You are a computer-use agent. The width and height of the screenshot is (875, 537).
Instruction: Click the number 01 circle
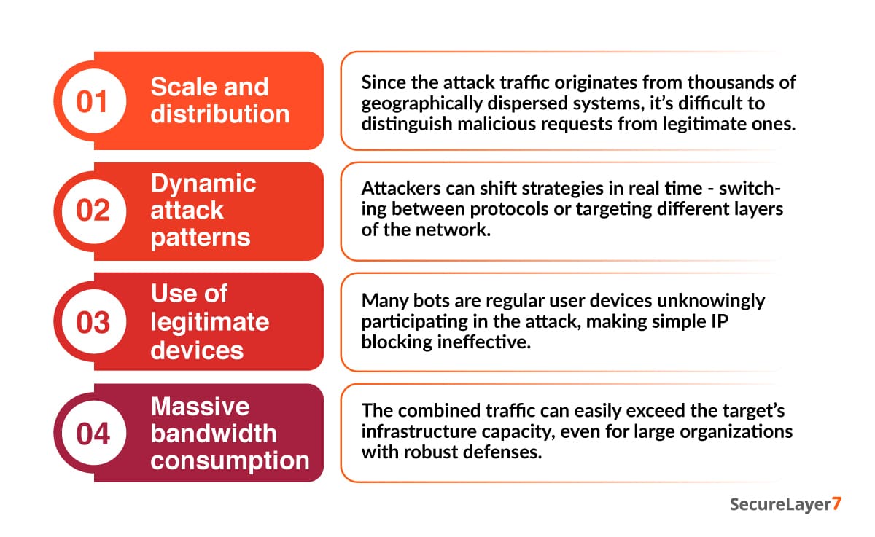click(93, 101)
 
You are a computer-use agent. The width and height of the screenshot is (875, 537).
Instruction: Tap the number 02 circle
click(93, 211)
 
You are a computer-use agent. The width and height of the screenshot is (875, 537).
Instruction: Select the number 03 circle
click(93, 322)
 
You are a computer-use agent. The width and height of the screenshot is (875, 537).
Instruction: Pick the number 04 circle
click(93, 433)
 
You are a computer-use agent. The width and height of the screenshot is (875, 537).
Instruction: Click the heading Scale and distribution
click(219, 101)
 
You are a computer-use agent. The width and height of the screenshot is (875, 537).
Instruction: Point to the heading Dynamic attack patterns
click(203, 211)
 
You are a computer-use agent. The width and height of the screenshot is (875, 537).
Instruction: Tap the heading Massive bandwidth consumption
click(229, 433)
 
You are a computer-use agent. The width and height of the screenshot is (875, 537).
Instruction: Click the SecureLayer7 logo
click(785, 505)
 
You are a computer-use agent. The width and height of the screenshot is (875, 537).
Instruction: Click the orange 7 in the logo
click(836, 505)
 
